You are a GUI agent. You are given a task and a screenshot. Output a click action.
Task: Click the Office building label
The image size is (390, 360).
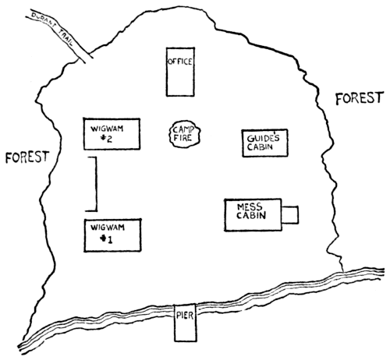click(x=180, y=62)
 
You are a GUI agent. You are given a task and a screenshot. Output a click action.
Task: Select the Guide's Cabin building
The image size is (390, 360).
click(x=264, y=143)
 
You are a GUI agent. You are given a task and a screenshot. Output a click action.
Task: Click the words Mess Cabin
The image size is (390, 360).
click(x=251, y=211)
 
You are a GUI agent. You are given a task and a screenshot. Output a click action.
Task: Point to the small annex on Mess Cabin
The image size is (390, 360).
click(x=290, y=215)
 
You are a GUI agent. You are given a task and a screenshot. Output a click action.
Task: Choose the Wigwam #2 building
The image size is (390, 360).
click(x=112, y=134)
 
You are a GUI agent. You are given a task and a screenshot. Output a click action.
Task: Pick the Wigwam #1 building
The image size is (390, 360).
click(x=112, y=235)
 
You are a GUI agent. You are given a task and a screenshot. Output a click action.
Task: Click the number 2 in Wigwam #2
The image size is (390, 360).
click(x=109, y=139)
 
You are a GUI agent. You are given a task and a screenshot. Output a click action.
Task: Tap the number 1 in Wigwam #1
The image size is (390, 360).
click(x=110, y=240)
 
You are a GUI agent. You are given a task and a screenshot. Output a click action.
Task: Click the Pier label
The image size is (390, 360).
click(x=185, y=316)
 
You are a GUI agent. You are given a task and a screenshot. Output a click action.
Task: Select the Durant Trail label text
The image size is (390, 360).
click(x=52, y=30)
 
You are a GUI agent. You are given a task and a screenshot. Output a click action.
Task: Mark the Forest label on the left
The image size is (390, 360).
click(x=27, y=157)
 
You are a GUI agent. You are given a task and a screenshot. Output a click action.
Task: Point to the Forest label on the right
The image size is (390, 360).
click(x=360, y=98)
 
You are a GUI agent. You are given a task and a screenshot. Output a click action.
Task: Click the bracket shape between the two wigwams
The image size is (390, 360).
click(x=97, y=184)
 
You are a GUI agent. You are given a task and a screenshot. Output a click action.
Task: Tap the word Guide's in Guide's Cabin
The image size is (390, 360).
click(x=263, y=138)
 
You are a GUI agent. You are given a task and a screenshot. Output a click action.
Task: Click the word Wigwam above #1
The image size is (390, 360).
click(x=108, y=228)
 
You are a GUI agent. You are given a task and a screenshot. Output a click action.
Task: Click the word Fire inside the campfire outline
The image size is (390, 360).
click(x=183, y=138)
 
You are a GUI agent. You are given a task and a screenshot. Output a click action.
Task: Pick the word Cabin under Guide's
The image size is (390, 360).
click(x=260, y=147)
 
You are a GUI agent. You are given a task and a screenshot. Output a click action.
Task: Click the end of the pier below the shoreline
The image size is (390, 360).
click(x=186, y=341)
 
